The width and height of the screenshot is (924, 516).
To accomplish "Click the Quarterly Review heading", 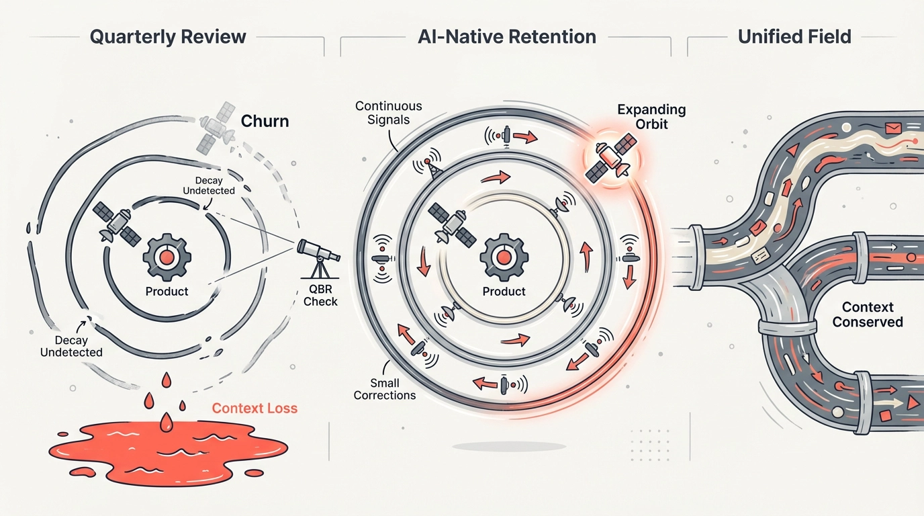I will (x=168, y=36).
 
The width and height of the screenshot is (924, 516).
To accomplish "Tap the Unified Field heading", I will (x=794, y=36).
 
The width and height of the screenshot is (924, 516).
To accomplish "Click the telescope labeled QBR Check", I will (x=318, y=255).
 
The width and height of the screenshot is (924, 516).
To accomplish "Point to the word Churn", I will (x=265, y=122).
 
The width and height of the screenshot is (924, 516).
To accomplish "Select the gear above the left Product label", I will (x=167, y=257).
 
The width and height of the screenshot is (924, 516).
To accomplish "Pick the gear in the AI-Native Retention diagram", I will (x=502, y=257).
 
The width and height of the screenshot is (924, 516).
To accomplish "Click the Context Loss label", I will (x=255, y=408).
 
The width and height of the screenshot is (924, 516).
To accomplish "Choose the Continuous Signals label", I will (x=389, y=112).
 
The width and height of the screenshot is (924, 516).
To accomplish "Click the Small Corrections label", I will (x=385, y=389).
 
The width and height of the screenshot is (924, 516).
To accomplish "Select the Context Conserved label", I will (x=868, y=314).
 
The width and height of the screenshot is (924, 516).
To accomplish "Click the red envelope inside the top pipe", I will (x=893, y=127).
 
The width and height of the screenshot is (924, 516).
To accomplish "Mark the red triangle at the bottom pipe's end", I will (x=911, y=403).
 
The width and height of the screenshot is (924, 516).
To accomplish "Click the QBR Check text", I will (x=320, y=296).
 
